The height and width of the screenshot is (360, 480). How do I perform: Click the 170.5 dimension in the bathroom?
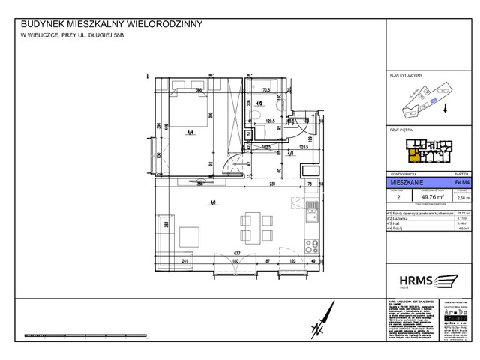265,90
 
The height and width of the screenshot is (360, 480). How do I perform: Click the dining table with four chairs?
251,223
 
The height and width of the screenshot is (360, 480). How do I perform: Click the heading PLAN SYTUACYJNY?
406,76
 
